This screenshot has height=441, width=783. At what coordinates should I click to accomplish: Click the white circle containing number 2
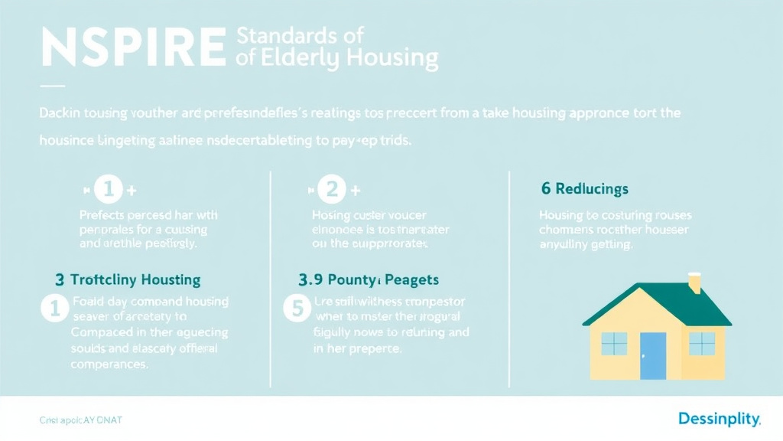coord(333,190)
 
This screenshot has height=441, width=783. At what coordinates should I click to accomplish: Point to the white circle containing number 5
coord(295,309)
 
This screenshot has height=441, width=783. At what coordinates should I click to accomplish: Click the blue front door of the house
coord(653,356)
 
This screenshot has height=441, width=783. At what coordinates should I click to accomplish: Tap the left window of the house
coord(613,344)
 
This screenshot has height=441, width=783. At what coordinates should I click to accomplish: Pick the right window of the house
coord(701,344)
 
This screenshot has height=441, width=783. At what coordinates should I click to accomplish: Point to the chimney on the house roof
coord(694,283)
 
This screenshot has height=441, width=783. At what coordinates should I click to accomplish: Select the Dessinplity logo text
coord(719,419)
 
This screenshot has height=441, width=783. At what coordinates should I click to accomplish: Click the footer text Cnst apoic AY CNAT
coord(80,420)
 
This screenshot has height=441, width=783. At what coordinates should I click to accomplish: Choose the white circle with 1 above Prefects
coord(109,190)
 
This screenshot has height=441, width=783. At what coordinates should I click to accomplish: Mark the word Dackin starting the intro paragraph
coord(58,113)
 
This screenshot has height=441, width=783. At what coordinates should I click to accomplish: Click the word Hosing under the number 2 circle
coord(331,216)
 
